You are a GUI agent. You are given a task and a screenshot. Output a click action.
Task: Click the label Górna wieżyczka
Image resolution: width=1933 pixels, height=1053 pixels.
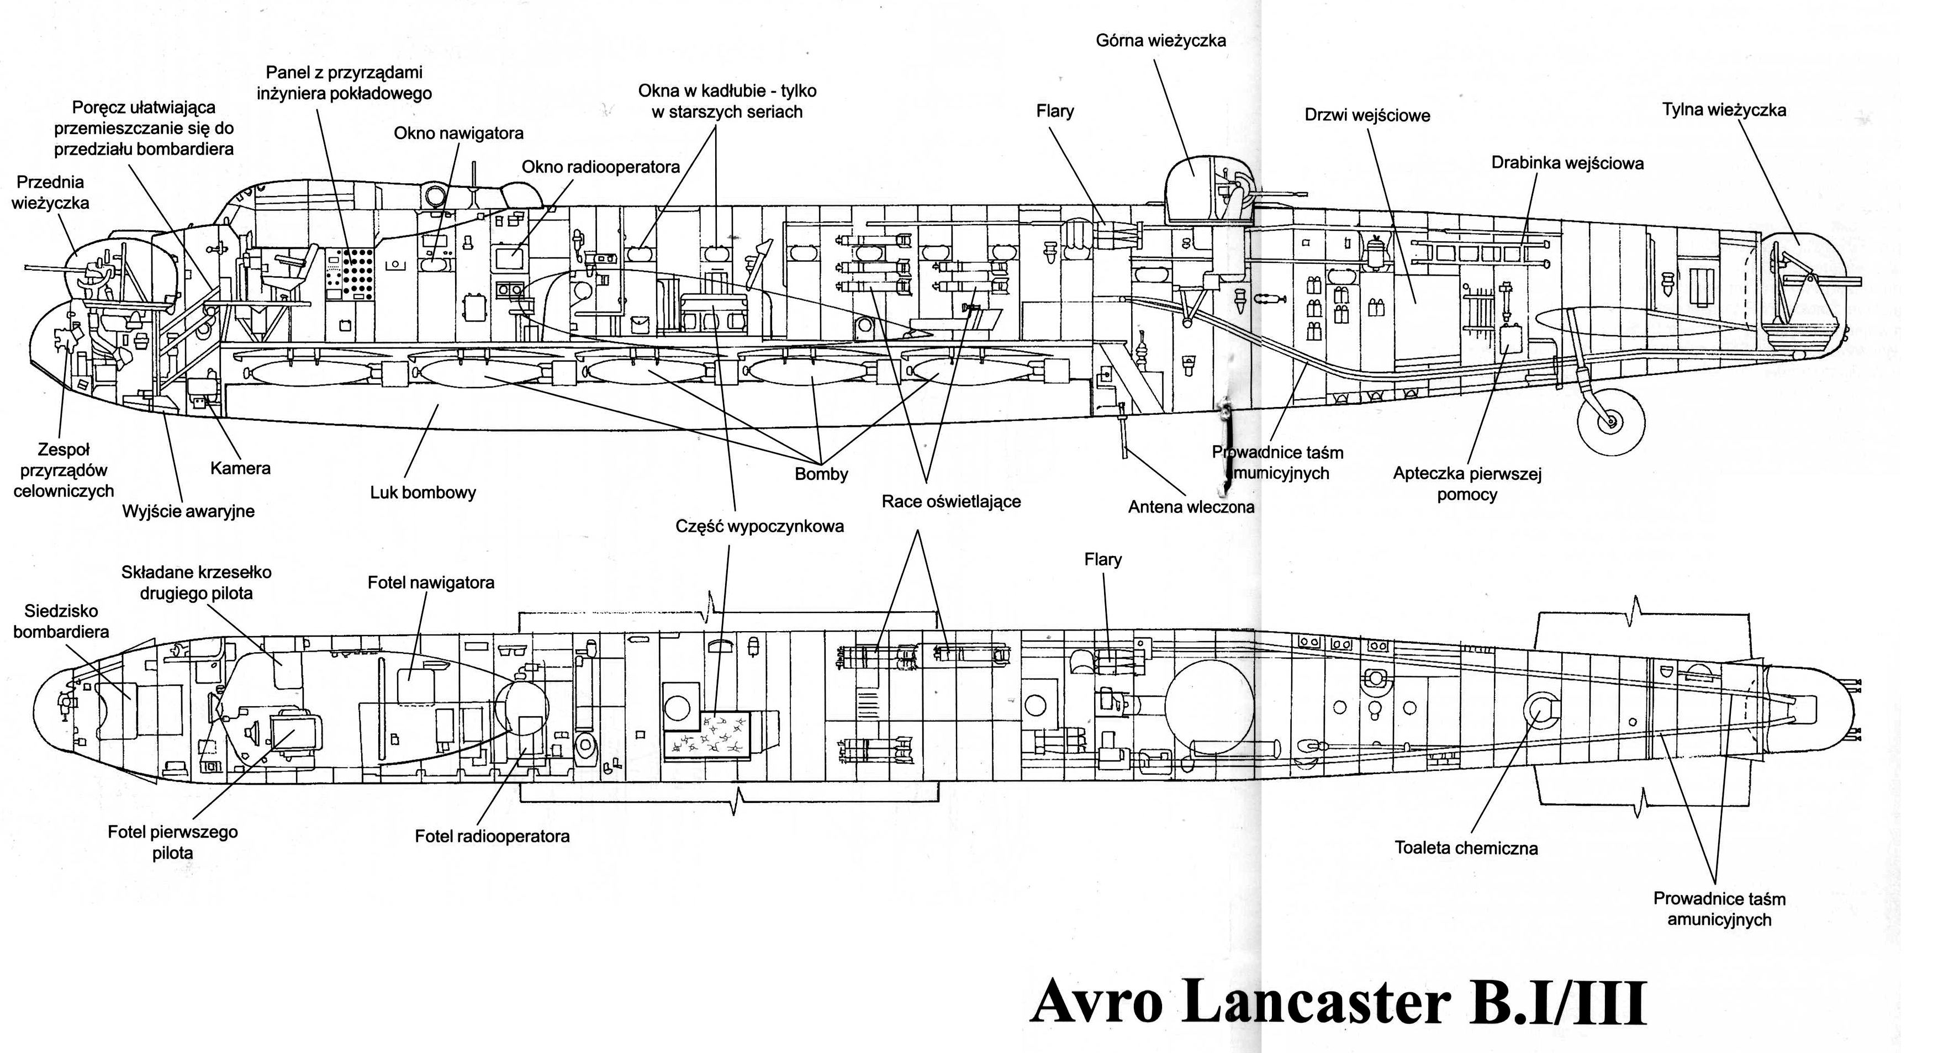click(1161, 40)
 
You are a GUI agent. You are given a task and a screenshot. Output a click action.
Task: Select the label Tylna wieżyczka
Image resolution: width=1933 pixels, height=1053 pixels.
click(1724, 110)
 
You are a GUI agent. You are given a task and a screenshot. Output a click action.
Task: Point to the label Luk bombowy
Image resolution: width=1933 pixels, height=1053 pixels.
click(423, 493)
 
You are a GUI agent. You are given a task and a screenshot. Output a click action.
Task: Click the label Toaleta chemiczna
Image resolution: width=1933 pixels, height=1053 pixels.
click(1466, 848)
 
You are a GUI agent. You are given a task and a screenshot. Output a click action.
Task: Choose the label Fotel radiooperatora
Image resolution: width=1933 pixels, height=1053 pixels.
click(492, 836)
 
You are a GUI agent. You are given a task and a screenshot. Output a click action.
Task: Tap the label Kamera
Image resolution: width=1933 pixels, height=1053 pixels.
click(240, 469)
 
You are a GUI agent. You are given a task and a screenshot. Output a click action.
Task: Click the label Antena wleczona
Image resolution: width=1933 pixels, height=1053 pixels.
click(1191, 507)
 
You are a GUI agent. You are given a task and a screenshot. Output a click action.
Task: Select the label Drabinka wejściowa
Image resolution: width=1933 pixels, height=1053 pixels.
click(1567, 163)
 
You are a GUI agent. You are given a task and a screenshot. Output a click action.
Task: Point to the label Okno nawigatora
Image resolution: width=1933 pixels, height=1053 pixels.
click(458, 134)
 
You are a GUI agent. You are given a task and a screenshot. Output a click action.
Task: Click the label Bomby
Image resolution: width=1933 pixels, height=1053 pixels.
click(822, 474)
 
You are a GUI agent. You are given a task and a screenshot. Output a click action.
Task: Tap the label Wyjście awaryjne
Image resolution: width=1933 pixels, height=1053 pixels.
click(188, 511)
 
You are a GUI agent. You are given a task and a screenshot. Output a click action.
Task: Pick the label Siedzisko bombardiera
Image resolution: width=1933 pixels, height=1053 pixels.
click(61, 622)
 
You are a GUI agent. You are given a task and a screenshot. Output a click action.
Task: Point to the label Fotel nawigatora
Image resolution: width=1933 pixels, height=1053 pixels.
click(431, 583)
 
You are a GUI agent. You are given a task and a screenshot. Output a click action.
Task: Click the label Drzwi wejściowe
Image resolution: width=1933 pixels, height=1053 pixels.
click(1367, 115)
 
